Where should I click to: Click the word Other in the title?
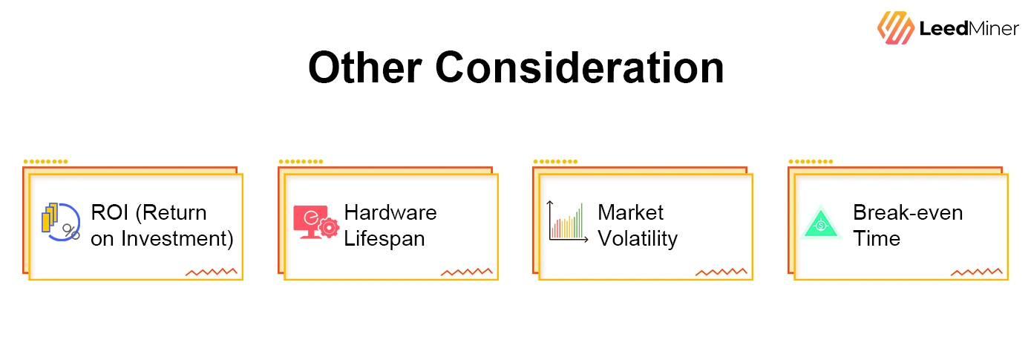point(364,68)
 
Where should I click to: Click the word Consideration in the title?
point(580,68)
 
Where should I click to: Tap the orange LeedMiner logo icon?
point(895,27)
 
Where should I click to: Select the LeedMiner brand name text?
point(969,28)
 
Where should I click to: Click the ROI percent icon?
point(61,222)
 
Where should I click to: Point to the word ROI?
point(110,212)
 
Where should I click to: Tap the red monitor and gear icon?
point(316,222)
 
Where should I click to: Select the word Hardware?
point(390,213)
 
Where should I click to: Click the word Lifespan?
point(384,239)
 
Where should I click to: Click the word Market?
point(631,213)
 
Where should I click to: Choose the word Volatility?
point(638,239)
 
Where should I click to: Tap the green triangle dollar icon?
point(821,223)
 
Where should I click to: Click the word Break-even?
point(908,213)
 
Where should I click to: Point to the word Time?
point(877,238)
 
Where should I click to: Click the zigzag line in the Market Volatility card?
point(721,272)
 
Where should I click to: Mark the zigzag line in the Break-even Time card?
point(976,272)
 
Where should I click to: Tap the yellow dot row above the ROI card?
point(45,162)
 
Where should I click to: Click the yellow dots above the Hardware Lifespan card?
point(301,162)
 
